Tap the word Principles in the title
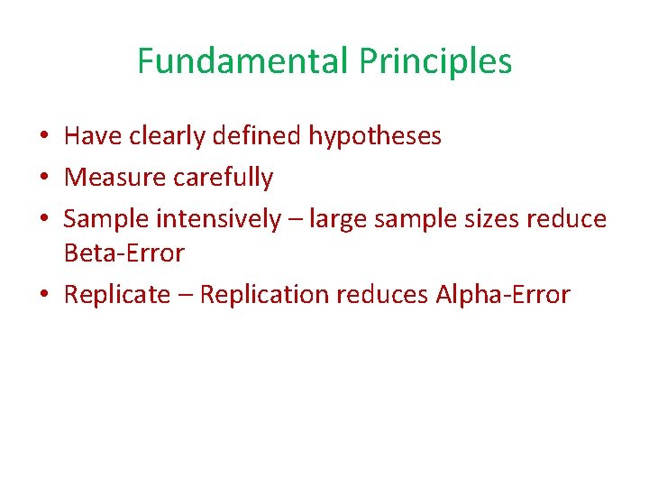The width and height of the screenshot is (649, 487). [435, 61]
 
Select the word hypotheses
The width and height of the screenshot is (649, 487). [375, 136]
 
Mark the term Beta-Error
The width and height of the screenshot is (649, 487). [123, 253]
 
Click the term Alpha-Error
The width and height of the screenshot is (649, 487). [503, 295]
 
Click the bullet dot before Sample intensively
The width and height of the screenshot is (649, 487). [44, 219]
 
